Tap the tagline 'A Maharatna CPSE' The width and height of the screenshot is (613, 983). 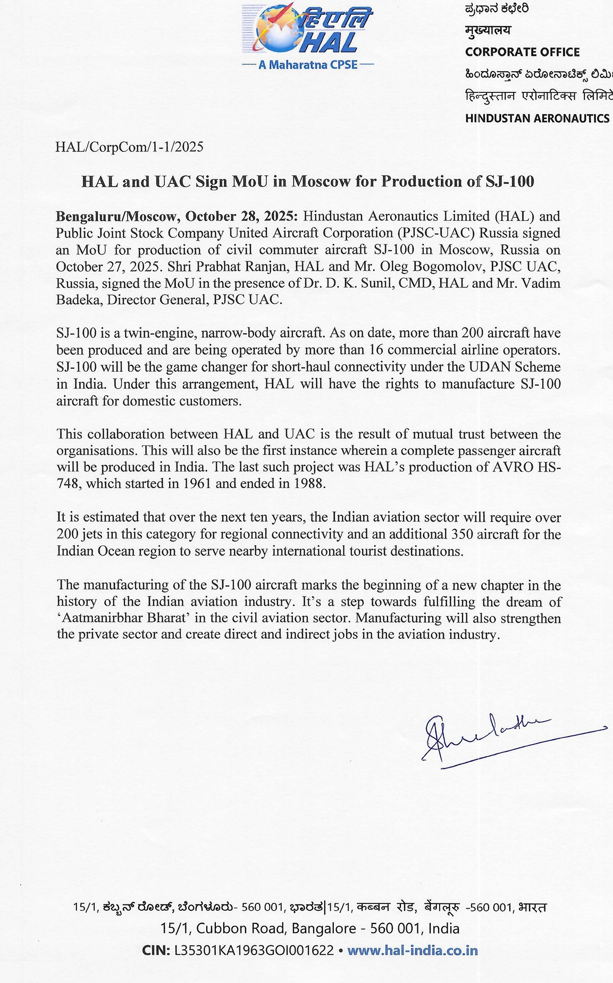click(308, 65)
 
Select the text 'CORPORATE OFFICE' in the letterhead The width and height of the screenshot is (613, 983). click(522, 52)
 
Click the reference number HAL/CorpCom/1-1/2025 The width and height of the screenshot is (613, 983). click(129, 147)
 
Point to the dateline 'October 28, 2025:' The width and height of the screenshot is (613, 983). click(242, 217)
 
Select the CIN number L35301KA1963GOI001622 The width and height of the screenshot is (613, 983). click(254, 951)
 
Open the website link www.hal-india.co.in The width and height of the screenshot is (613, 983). click(412, 951)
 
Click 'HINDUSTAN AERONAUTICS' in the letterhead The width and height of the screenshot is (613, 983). click(537, 118)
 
